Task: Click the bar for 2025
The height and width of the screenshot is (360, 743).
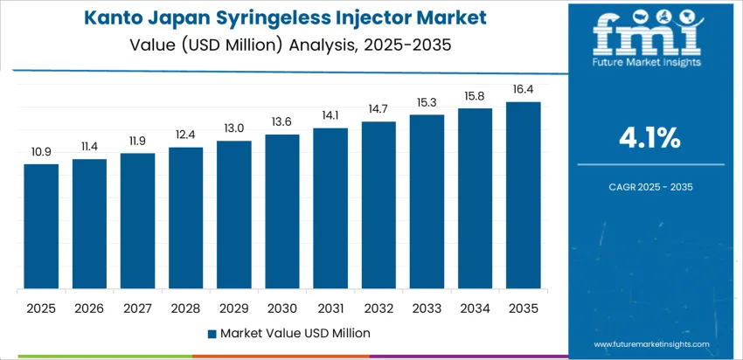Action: (41, 226)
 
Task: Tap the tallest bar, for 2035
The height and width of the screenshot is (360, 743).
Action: (524, 196)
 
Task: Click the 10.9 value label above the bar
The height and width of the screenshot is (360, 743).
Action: (41, 152)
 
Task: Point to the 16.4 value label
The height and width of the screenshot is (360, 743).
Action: (524, 90)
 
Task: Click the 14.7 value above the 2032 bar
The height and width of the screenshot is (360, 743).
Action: (378, 109)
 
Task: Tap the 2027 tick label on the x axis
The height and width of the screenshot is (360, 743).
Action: (137, 308)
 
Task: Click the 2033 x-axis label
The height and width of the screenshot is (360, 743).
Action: (427, 308)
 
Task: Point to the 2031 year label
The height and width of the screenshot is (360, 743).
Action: (330, 308)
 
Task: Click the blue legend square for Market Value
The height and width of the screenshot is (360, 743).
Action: (212, 333)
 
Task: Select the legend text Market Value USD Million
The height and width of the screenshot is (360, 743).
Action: (295, 333)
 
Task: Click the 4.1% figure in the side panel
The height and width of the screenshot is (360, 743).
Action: (650, 137)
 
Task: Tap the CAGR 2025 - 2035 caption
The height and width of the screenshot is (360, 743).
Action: (650, 187)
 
